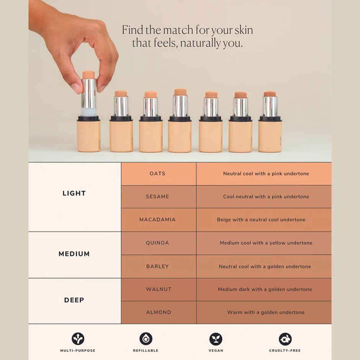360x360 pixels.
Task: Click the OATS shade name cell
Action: coord(157,174)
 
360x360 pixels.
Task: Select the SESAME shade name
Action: coord(157,197)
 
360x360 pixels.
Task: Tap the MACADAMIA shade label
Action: coord(157,220)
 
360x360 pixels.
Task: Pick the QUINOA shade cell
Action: coord(157,243)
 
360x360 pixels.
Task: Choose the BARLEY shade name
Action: coord(157,267)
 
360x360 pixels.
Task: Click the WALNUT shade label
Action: coord(159,290)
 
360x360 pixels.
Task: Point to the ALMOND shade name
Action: coord(159,313)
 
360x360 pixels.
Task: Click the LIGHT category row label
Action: coord(74,193)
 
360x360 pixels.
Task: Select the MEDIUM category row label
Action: coord(74,254)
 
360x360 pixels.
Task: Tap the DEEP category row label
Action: coord(74,300)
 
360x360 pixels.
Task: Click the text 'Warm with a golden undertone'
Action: coord(266,313)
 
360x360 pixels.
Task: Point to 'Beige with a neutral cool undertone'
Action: coord(261,220)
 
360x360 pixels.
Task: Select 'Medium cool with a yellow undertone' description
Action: coord(266,243)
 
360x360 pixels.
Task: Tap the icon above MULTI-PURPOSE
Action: coord(78,339)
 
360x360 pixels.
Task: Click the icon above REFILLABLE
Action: coord(146,339)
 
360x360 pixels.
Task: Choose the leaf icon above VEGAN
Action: coord(216,339)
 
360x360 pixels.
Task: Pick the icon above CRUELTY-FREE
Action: coord(285,339)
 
